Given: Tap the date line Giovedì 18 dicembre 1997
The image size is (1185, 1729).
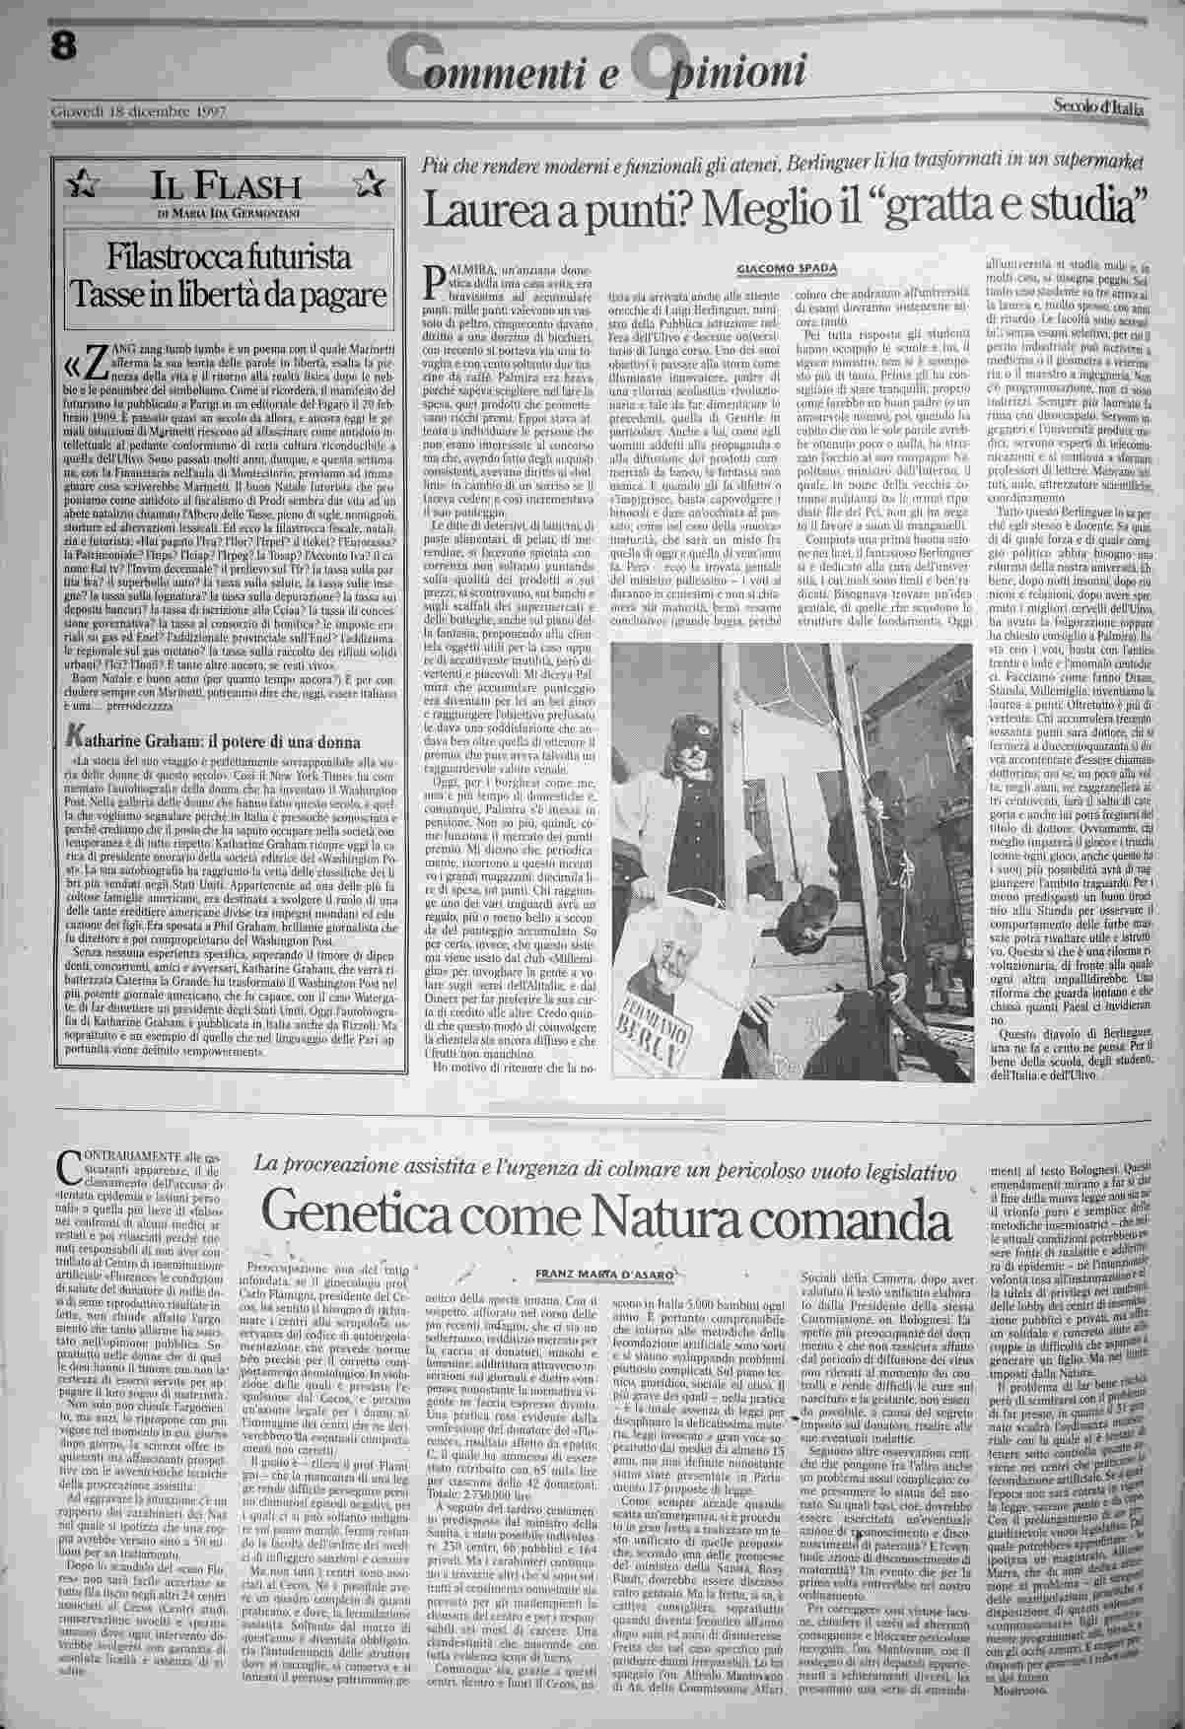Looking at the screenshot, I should tap(138, 110).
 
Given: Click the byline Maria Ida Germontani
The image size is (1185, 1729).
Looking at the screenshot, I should tap(228, 212).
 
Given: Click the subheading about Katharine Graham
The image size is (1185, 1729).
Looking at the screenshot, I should tap(217, 741).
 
